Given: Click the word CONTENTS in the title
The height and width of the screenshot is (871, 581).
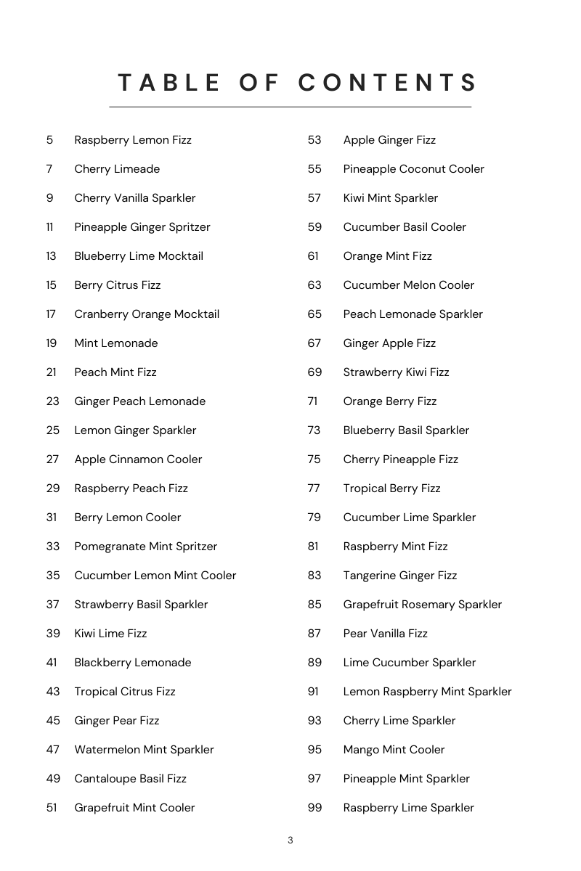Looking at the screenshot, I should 388,83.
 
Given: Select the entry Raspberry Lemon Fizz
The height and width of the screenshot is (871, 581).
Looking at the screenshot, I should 133,140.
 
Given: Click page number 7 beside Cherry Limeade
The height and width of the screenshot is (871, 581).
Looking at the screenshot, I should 49,169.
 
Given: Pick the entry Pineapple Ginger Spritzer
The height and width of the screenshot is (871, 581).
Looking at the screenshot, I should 142,227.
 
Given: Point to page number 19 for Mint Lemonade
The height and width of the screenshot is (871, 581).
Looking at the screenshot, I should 51,343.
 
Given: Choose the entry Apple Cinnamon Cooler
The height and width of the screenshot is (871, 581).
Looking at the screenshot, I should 138,459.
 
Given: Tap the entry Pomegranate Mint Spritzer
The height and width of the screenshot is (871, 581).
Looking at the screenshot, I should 145,547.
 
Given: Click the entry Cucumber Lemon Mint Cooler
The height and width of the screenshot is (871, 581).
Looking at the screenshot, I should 155,576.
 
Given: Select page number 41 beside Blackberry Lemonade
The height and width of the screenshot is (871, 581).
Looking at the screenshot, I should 52,663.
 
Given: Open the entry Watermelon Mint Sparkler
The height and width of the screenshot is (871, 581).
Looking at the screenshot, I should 144,750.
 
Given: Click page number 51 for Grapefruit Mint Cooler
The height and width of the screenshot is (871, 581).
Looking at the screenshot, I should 52,808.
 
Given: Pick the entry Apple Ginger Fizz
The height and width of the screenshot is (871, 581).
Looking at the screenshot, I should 389,140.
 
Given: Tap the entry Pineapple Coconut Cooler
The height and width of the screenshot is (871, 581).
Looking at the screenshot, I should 413,169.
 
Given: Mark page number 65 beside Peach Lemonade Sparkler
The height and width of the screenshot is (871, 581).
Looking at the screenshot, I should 314,314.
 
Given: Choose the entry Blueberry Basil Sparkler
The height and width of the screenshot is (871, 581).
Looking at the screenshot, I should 406,430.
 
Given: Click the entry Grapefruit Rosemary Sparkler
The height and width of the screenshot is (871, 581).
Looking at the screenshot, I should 422,605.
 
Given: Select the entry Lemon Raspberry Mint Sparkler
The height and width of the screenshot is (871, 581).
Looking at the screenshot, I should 427,692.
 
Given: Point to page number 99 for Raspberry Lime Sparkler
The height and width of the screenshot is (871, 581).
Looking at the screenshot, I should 314,808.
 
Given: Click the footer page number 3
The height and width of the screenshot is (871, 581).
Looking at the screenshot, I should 290,841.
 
